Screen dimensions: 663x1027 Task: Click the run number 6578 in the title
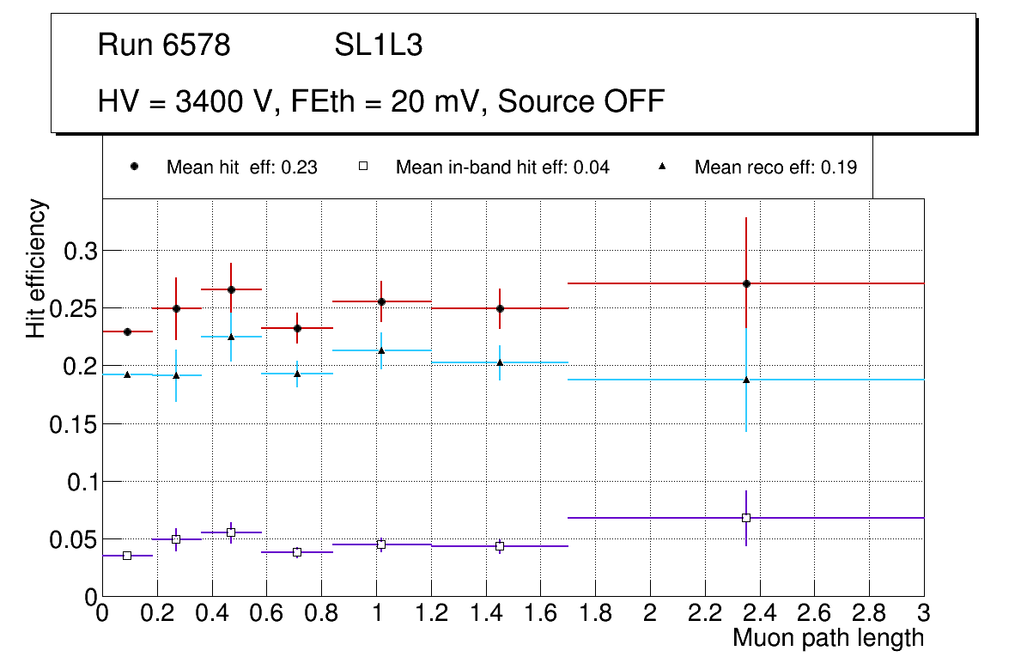[197, 46]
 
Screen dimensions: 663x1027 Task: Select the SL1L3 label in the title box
[379, 46]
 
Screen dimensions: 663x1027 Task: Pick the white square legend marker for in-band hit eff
[363, 167]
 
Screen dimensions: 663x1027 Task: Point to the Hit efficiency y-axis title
[37, 268]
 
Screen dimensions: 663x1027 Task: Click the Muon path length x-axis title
[828, 637]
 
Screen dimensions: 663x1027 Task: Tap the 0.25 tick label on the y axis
[76, 308]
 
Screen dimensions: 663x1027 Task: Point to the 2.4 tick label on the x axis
[759, 613]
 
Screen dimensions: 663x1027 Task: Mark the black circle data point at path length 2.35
[747, 283]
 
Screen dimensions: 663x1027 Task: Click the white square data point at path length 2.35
[746, 518]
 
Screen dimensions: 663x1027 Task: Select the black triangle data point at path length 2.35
[746, 380]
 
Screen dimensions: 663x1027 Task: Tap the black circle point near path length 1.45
[500, 308]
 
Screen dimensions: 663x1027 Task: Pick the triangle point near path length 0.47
[231, 337]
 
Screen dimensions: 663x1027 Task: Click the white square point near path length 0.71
[297, 552]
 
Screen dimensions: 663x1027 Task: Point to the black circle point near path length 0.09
[127, 331]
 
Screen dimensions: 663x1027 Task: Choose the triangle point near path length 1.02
[381, 350]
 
